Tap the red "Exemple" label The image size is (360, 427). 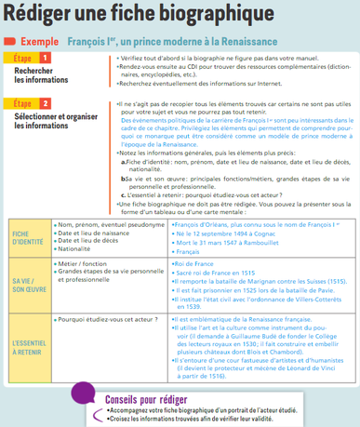pyautogui.click(x=39, y=42)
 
